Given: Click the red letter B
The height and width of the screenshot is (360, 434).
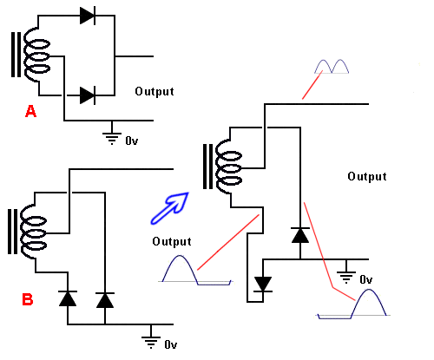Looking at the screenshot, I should coord(28,299).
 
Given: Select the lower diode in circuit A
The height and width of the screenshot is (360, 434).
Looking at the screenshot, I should coord(87,94).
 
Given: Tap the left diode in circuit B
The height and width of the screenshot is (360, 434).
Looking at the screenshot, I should coord(66,299).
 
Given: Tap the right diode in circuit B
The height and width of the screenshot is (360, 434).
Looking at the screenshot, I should coord(105,299).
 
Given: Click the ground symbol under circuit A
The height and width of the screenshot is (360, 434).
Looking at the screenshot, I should coord(112,134).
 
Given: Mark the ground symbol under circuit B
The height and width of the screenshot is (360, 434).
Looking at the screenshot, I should coord(152,340).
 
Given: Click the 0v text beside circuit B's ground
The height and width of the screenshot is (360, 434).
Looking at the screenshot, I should coord(171,344).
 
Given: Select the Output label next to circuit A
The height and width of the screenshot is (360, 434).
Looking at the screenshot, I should coord(155,91).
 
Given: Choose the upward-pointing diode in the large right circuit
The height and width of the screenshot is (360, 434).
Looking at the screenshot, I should coord(300,234).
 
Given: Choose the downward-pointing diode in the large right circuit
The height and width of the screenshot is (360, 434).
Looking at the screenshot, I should coord(261,284).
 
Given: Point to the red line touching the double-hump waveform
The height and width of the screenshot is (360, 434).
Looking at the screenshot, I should coord(312,87).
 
